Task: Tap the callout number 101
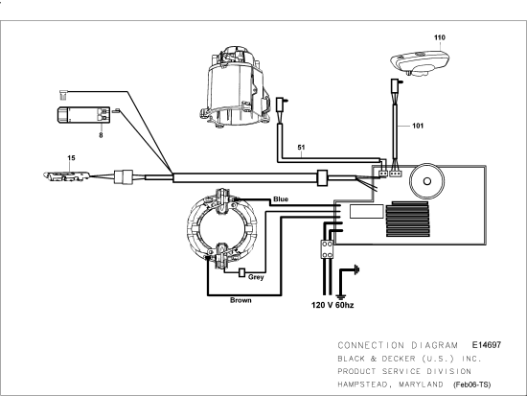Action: pos(417,125)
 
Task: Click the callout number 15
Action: pos(70,156)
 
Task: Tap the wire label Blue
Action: pos(280,199)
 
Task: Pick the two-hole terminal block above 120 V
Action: pos(325,249)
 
